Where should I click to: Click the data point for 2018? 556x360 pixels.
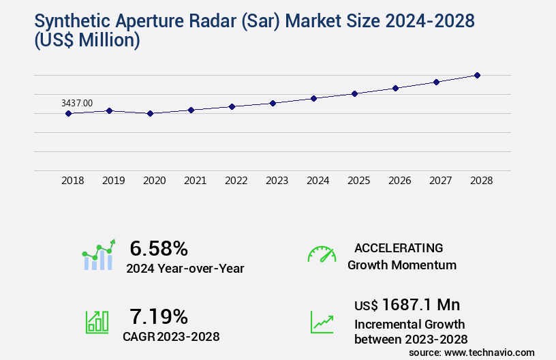tap(68, 113)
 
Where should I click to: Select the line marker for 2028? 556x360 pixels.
tap(477, 75)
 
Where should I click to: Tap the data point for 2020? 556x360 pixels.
tap(150, 113)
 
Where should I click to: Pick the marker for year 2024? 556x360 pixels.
tap(313, 98)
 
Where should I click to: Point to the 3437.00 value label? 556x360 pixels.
tap(77, 103)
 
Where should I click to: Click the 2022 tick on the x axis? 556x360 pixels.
tap(236, 181)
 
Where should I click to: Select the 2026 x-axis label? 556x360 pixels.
tap(399, 181)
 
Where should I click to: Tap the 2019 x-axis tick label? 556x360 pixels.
tap(113, 181)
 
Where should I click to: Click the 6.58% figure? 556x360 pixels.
tap(158, 248)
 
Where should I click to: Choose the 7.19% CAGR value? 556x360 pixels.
tap(158, 316)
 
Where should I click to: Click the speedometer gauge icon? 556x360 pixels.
tap(322, 254)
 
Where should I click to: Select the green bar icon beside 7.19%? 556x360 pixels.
tap(97, 322)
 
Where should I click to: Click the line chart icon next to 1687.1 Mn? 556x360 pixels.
tap(322, 322)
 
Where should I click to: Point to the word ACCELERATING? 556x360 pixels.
tap(399, 248)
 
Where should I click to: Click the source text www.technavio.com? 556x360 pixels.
tap(490, 352)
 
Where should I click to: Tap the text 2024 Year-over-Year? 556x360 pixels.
tap(185, 269)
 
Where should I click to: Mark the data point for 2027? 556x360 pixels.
tap(436, 82)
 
